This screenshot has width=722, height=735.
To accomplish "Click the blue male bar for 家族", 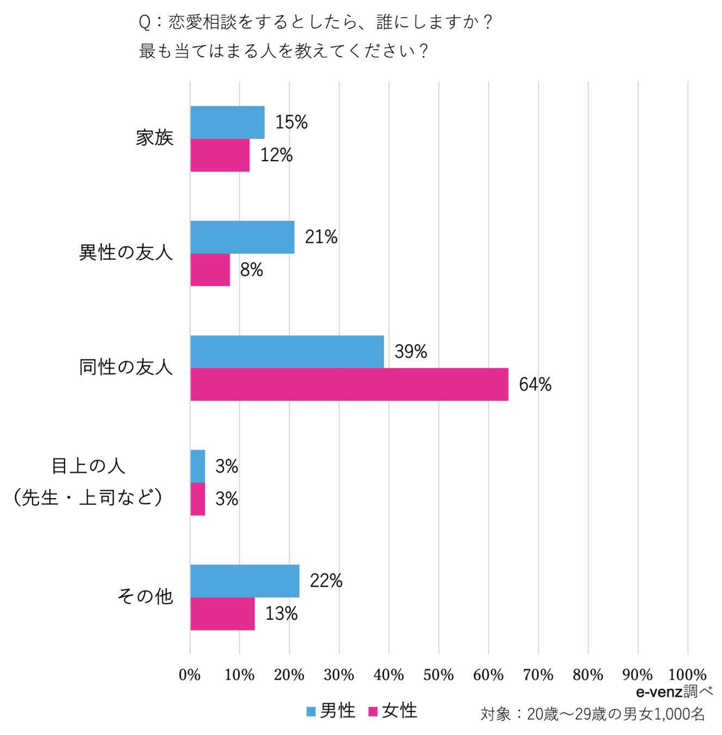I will pos(228,122).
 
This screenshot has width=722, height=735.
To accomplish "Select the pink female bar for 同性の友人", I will pos(349,384).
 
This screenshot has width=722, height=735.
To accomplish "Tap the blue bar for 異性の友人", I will pos(242,237).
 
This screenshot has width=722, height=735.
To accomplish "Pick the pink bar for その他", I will pos(223,614).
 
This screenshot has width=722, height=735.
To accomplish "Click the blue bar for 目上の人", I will pos(198,466).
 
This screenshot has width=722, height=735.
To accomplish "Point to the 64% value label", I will pos(535,384).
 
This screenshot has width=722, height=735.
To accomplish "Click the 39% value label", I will pos(411,352).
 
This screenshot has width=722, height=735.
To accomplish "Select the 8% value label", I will pos(252,269).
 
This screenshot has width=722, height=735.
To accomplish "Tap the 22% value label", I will pos(326,581).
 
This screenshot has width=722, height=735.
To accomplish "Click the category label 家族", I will pos(155,138).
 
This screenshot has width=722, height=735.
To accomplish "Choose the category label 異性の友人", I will pos(126,253).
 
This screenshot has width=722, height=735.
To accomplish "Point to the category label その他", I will pos(145,596).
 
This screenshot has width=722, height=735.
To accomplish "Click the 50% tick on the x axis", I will pos(438,675).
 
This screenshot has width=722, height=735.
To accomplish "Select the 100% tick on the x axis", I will pos(687,675).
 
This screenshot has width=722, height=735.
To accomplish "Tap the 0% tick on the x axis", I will pos(189,675).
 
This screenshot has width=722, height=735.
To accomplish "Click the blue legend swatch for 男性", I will pos(311,711).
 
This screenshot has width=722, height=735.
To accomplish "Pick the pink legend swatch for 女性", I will pos(373,711).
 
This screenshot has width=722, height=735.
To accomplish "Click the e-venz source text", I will pos(659,692).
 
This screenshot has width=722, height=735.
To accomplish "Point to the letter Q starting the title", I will pos(144,23).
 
